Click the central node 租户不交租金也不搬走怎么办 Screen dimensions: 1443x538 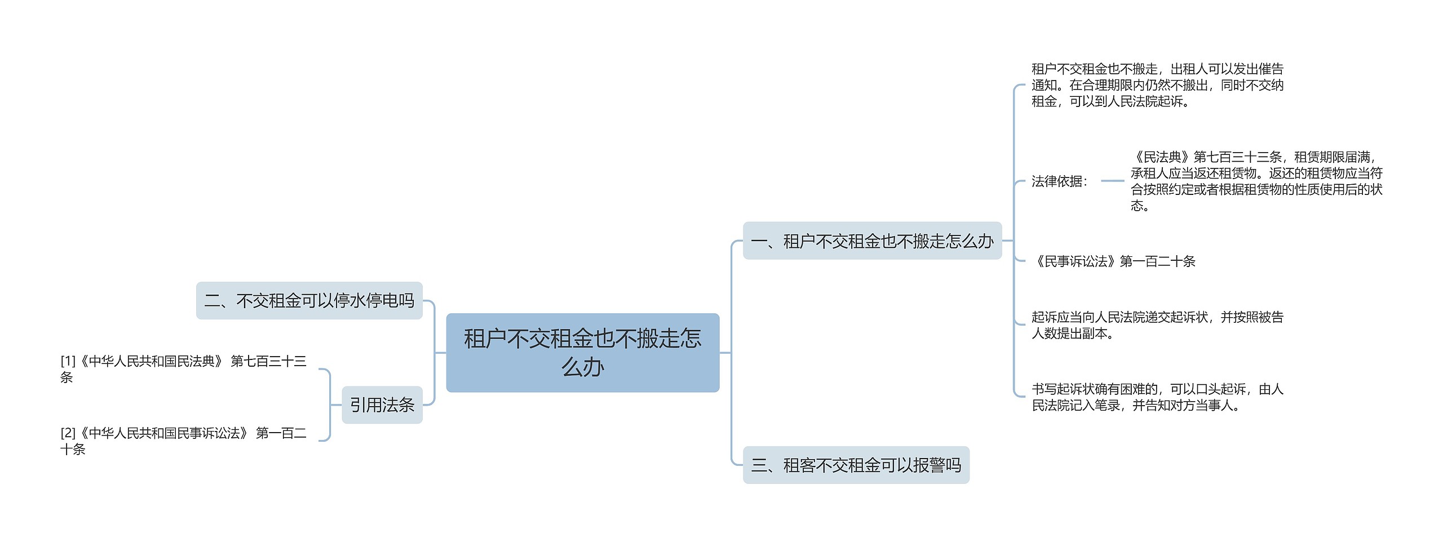[582, 352]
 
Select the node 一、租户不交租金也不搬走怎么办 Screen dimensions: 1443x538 [872, 241]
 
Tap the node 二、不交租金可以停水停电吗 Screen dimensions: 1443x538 [309, 301]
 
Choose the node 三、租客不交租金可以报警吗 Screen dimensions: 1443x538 [856, 465]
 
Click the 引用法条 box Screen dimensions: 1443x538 [382, 405]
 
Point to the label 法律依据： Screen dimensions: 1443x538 [1059, 181]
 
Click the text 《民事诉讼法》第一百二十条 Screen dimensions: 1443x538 [1113, 261]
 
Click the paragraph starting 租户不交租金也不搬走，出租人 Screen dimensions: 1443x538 [1157, 85]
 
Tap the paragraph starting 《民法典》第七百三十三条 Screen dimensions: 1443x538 [1256, 181]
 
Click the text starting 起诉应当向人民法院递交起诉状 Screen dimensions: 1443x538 [1157, 325]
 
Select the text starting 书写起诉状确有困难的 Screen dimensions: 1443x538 [1157, 397]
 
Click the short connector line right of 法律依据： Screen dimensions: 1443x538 [1112, 181]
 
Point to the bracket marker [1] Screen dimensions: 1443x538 [68, 361]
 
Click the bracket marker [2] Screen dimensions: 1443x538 [68, 433]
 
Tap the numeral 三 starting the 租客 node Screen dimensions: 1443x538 [759, 465]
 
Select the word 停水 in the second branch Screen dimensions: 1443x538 [349, 301]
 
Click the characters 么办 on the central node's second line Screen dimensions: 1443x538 [582, 367]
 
